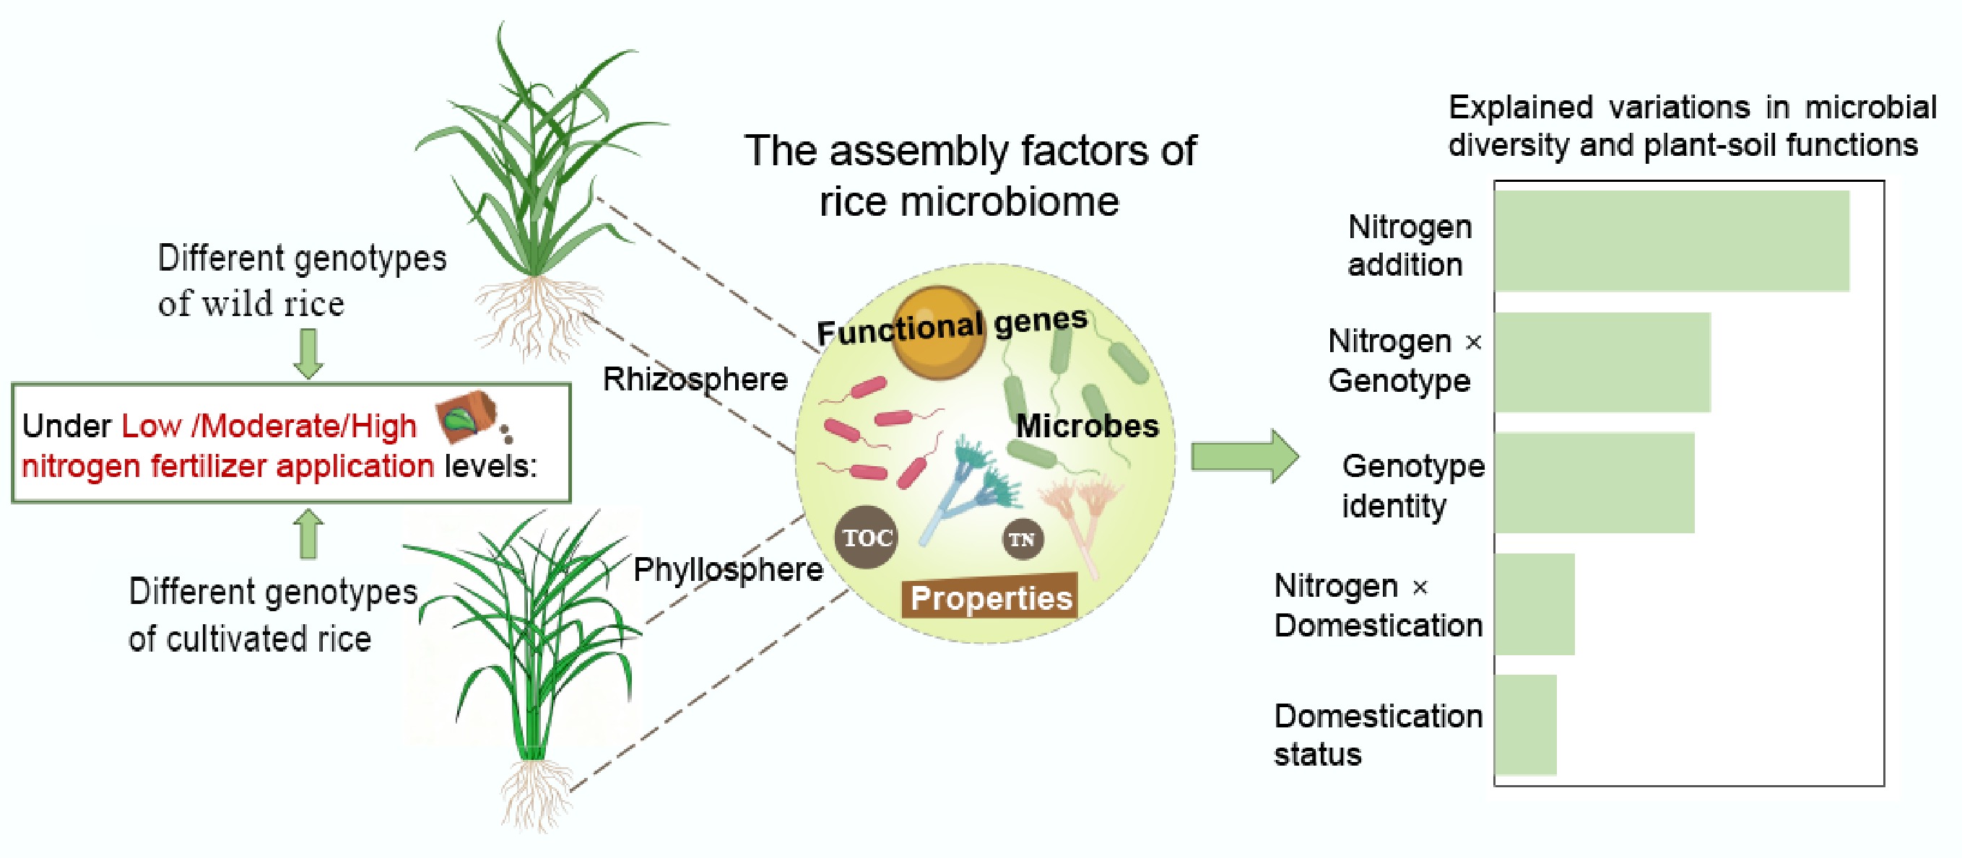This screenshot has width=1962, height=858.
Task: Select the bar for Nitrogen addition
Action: (1671, 240)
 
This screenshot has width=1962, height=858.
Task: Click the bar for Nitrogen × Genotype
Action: (1602, 362)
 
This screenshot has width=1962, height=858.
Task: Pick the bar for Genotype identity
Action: (1594, 482)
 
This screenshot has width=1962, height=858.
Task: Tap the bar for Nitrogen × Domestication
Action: (1534, 604)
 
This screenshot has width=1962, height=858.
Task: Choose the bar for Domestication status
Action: (1525, 724)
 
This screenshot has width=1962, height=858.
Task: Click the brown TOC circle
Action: (866, 538)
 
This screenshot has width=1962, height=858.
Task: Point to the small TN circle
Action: (1021, 539)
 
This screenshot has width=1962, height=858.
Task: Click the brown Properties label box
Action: (990, 597)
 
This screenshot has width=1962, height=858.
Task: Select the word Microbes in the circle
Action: (1087, 426)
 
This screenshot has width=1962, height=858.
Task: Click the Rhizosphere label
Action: (695, 379)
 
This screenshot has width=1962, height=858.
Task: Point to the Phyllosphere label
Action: (728, 569)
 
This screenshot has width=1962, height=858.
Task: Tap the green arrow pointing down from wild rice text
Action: (308, 354)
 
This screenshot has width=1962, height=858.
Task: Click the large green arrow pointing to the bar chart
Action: (1243, 457)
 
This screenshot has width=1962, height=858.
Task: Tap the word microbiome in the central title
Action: (1010, 203)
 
